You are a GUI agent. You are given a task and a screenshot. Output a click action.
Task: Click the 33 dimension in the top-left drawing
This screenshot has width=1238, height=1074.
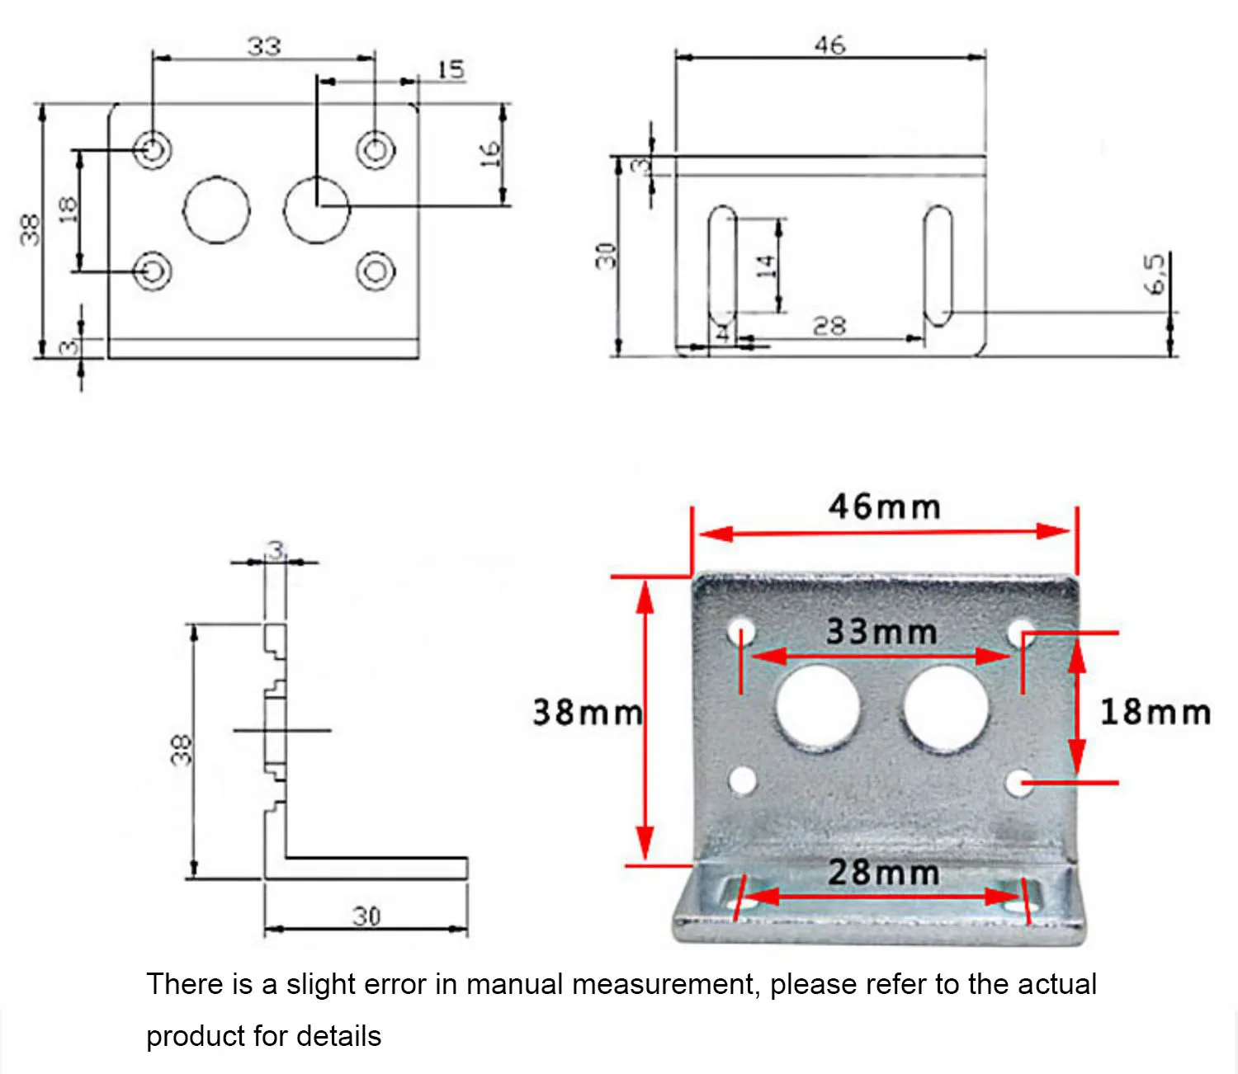[x=263, y=46]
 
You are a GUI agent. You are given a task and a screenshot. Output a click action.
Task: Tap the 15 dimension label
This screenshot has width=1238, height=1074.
[x=451, y=69]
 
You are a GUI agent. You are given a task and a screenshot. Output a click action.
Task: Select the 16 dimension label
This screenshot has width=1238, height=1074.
[x=491, y=153]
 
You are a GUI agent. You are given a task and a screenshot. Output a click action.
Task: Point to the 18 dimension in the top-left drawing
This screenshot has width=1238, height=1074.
[x=68, y=210]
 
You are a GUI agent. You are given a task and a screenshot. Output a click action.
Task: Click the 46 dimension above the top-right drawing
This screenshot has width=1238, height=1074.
[x=829, y=45]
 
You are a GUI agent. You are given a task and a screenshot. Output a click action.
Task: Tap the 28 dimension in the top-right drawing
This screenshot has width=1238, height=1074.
[x=829, y=327]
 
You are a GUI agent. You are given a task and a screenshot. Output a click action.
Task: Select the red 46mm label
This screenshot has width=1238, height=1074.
[x=884, y=506]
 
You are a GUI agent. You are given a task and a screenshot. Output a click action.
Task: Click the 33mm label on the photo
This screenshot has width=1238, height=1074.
[x=881, y=633]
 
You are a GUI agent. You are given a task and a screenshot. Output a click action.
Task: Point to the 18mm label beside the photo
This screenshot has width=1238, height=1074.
[x=1155, y=712]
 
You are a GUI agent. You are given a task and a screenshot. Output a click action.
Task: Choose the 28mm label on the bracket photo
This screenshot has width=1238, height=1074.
[x=883, y=873]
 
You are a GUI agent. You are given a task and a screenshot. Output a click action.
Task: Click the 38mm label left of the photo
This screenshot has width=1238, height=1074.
[x=587, y=712]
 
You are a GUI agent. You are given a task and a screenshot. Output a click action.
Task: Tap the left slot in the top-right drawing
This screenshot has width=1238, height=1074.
[x=722, y=266]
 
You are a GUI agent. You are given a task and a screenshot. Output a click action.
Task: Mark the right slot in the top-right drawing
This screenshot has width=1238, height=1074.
[x=937, y=266]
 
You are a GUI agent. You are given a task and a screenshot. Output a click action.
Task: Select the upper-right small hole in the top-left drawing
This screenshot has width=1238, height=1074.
[x=376, y=150]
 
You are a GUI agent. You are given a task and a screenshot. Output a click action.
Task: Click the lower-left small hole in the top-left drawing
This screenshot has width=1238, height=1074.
[x=153, y=271]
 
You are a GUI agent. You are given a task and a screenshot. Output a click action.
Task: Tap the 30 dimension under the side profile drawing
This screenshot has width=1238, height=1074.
[x=366, y=916]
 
